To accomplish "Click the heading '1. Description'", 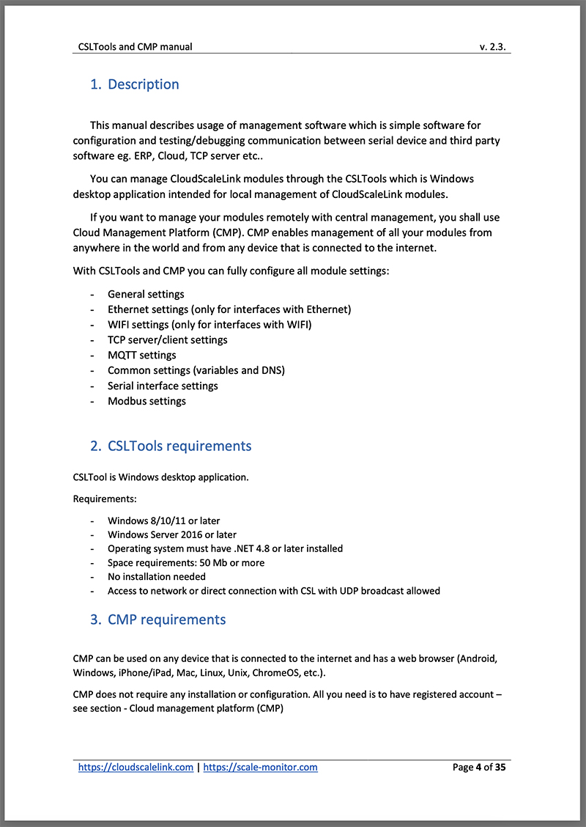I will [x=135, y=84].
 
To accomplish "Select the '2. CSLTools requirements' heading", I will [x=171, y=446].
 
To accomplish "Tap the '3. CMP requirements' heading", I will [x=158, y=620].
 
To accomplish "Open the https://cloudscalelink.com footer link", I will [x=136, y=767].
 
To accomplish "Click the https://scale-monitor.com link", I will [x=260, y=767].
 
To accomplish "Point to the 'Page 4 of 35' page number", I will [x=479, y=767].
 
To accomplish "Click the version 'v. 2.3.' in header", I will [x=494, y=47].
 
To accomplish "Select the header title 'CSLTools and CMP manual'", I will [x=136, y=47].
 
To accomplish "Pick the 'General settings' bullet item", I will [x=146, y=294].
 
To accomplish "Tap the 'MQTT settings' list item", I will [x=141, y=355].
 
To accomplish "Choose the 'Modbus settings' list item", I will [x=146, y=401].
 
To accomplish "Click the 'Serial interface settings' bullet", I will [x=163, y=386].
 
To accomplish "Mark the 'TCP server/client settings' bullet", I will [x=167, y=339].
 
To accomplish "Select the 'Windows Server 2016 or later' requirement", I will [x=171, y=534].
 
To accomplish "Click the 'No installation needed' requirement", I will [x=157, y=576].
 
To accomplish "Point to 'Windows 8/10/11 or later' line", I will [x=163, y=521].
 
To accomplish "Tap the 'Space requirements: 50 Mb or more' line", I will [x=186, y=562].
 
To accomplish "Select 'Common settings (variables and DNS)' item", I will [x=196, y=370].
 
